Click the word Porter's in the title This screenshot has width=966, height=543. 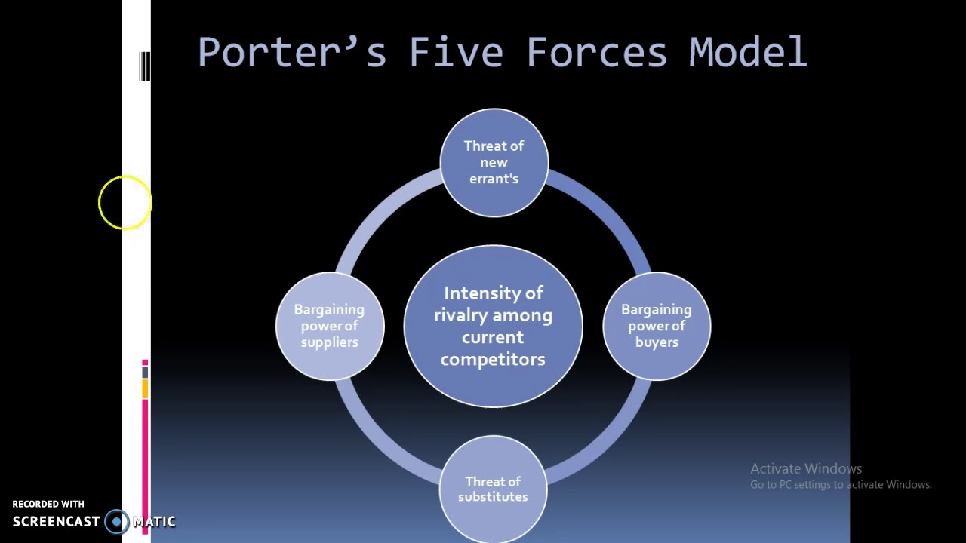coord(291,53)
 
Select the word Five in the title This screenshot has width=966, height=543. coord(456,53)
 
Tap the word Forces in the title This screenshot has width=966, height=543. coord(596,53)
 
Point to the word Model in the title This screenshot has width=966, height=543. coord(748,53)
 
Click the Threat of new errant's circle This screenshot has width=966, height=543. coord(494,162)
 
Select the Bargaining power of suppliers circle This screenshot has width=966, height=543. coord(329,326)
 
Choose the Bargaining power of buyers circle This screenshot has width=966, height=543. coord(656,326)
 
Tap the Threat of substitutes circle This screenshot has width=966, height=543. coord(493,489)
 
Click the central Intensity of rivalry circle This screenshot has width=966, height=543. coord(493,326)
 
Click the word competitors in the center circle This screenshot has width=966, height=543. coord(493,360)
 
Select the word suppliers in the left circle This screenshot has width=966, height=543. coord(329,342)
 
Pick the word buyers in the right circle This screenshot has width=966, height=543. coord(657,342)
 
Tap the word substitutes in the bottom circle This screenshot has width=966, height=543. coord(493,497)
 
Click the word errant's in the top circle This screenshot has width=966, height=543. coord(494,179)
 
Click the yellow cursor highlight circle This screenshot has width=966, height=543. coord(125,202)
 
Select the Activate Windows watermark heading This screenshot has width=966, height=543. coord(805,468)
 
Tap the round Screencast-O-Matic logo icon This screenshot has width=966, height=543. coord(116,521)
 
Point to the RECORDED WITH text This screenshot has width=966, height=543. coord(48,504)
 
